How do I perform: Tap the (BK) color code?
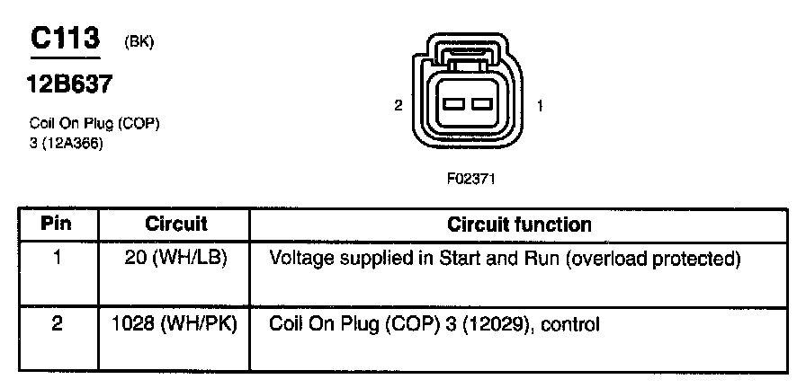point(139,43)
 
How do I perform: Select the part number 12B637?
point(71,85)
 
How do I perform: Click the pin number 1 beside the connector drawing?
point(539,106)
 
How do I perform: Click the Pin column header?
point(57,224)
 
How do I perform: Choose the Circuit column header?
point(176,224)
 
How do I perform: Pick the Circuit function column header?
point(519,224)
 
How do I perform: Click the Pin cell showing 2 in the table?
point(57,322)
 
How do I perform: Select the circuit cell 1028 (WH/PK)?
point(176,322)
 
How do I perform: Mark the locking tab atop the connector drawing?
point(467,62)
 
